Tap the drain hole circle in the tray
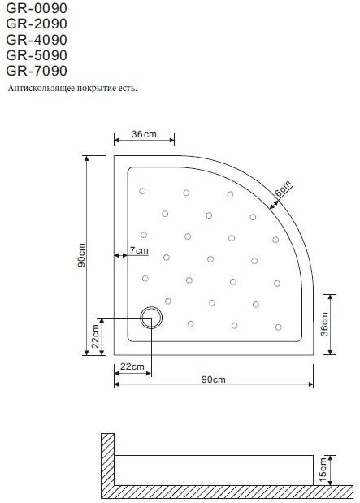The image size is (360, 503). [152, 317]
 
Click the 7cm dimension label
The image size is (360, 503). [139, 250]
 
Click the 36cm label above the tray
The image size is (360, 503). [143, 133]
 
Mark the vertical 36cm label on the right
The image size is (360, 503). [325, 323]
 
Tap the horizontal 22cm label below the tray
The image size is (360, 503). [132, 366]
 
